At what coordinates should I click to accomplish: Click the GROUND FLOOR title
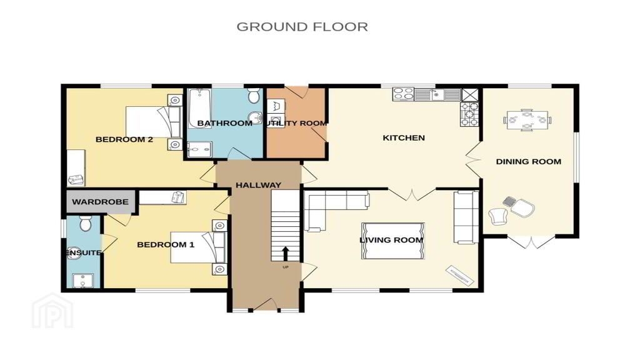(302, 27)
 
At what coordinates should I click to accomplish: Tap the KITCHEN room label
(404, 138)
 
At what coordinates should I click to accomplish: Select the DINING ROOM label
(528, 162)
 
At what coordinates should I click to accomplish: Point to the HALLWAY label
(258, 185)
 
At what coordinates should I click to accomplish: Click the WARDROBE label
(100, 202)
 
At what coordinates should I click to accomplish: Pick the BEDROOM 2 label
(124, 139)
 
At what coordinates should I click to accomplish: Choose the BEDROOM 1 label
(165, 245)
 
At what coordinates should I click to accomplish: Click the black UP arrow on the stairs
(285, 253)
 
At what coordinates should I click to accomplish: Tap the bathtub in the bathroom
(199, 108)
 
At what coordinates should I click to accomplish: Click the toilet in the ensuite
(85, 223)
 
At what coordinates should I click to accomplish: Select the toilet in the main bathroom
(254, 96)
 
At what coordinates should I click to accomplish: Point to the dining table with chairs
(527, 120)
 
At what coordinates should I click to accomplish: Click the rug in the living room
(392, 241)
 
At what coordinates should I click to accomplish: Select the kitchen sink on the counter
(437, 95)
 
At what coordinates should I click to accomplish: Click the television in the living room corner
(460, 276)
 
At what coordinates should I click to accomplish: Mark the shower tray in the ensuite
(83, 281)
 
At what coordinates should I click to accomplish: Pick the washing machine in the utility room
(276, 120)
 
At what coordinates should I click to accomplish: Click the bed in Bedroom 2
(154, 122)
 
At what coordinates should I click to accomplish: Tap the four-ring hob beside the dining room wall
(469, 114)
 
